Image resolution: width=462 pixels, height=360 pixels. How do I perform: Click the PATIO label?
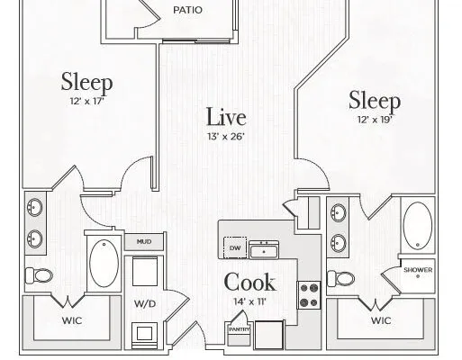[187, 10]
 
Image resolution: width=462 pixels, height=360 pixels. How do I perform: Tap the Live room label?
[226, 117]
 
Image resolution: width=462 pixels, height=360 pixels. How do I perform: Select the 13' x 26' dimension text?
[226, 137]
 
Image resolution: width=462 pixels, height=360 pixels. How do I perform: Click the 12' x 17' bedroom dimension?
[86, 102]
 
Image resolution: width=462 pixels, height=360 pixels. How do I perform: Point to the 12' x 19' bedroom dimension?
[375, 120]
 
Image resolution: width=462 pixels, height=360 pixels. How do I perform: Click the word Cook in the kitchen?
[249, 282]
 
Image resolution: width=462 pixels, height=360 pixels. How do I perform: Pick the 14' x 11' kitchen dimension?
[249, 301]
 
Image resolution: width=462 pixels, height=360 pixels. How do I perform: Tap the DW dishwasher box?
[235, 247]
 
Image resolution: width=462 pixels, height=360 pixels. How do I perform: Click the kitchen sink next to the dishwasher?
[264, 249]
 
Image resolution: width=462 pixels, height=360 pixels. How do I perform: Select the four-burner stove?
[309, 295]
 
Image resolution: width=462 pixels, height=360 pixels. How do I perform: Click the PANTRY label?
[240, 329]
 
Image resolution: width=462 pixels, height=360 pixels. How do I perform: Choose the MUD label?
[144, 241]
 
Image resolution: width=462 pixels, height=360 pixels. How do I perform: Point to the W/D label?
[145, 304]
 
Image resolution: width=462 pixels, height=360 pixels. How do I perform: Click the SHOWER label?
[418, 270]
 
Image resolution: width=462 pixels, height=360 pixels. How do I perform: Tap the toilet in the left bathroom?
[39, 275]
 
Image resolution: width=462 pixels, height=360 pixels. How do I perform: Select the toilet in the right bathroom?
[340, 279]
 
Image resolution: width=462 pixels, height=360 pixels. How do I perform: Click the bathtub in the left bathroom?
[104, 263]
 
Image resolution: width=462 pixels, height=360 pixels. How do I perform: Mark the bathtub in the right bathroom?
[418, 225]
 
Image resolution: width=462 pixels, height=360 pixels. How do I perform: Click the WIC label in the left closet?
[72, 320]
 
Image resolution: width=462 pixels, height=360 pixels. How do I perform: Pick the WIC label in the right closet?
[381, 320]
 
